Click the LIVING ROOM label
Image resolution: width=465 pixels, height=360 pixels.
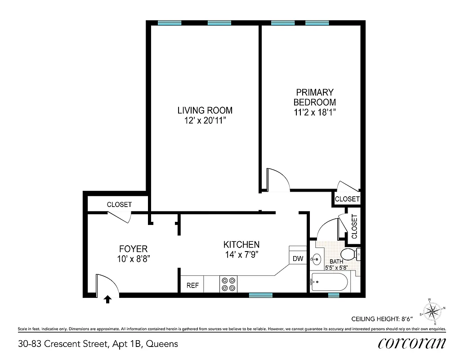click(x=205, y=110)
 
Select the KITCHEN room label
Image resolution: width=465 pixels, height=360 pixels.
click(x=241, y=244)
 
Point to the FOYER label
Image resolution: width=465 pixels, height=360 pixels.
click(x=133, y=249)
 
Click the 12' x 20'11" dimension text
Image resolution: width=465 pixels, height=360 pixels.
click(x=205, y=121)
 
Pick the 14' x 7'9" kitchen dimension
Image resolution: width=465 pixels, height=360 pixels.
click(x=241, y=255)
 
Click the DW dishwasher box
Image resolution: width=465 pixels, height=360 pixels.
click(x=298, y=259)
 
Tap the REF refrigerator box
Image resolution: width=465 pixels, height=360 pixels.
click(x=192, y=285)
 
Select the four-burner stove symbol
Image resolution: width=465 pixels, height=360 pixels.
click(x=228, y=284)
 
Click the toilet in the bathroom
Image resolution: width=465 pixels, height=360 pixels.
click(x=349, y=254)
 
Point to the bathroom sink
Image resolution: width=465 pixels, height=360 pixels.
click(x=316, y=259)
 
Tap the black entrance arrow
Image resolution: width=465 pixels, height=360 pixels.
click(x=107, y=299)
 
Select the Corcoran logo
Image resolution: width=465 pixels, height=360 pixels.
click(x=412, y=343)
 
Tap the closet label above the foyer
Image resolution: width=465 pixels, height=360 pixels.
click(x=119, y=204)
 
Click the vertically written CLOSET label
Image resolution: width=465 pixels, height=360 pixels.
click(x=354, y=226)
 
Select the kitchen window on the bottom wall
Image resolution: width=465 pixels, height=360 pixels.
click(x=261, y=295)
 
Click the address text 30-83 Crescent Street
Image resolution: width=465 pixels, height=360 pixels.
click(x=98, y=344)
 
